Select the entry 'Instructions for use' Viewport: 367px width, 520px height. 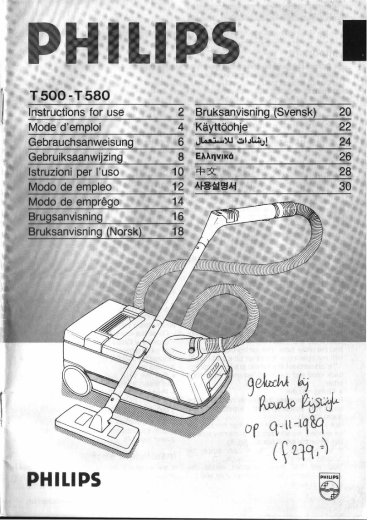pyautogui.click(x=74, y=112)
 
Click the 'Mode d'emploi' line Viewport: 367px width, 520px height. pyautogui.click(x=65, y=127)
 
